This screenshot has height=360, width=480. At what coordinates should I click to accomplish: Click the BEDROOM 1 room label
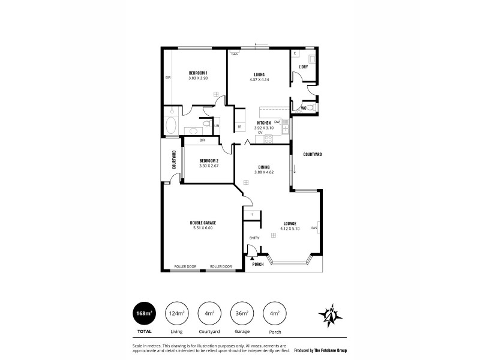click(x=197, y=73)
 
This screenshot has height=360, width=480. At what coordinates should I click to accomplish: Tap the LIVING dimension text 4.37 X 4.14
click(x=259, y=79)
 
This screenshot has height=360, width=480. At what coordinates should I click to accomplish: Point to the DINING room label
click(x=264, y=167)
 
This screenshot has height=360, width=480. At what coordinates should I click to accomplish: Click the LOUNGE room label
click(x=290, y=223)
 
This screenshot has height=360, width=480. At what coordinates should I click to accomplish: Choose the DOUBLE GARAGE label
click(x=203, y=223)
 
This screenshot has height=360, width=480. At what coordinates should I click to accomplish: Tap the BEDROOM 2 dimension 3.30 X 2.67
click(x=208, y=166)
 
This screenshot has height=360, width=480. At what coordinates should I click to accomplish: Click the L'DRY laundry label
click(x=304, y=67)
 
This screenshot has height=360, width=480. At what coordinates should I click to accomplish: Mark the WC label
click(x=304, y=108)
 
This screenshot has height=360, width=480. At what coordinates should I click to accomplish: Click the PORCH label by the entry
click(x=258, y=264)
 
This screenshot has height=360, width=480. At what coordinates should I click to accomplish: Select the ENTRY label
click(x=254, y=238)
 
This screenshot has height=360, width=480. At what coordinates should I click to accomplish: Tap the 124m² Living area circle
click(x=177, y=313)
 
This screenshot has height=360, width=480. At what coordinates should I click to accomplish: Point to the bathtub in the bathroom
click(x=170, y=126)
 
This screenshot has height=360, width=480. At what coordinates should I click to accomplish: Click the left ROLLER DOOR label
click(x=185, y=266)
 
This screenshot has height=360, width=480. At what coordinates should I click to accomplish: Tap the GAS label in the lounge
click(x=314, y=228)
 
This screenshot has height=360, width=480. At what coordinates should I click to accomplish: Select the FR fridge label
click(x=239, y=127)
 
